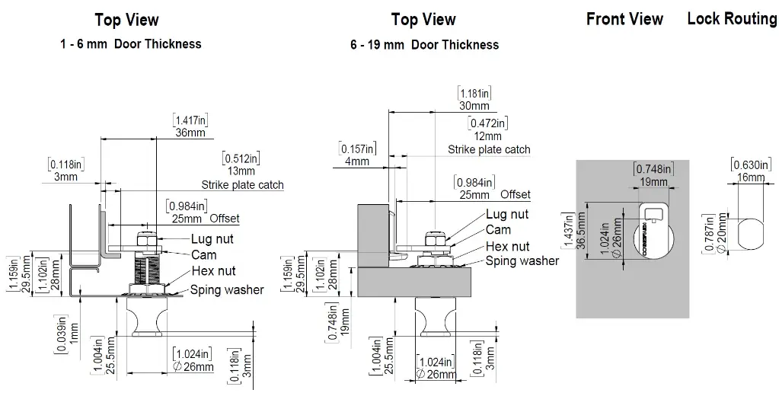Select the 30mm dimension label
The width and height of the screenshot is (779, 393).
474,106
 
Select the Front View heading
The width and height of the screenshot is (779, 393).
624,19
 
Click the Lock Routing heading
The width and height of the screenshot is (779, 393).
732,19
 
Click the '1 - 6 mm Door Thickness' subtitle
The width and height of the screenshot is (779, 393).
131,44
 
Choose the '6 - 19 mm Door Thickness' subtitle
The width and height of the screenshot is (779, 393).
424,44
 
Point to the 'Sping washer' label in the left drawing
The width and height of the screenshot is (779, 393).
227,289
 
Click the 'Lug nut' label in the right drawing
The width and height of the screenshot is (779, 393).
507,216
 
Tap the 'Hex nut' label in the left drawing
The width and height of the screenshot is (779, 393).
213,270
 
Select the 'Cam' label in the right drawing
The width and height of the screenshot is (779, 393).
499,230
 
